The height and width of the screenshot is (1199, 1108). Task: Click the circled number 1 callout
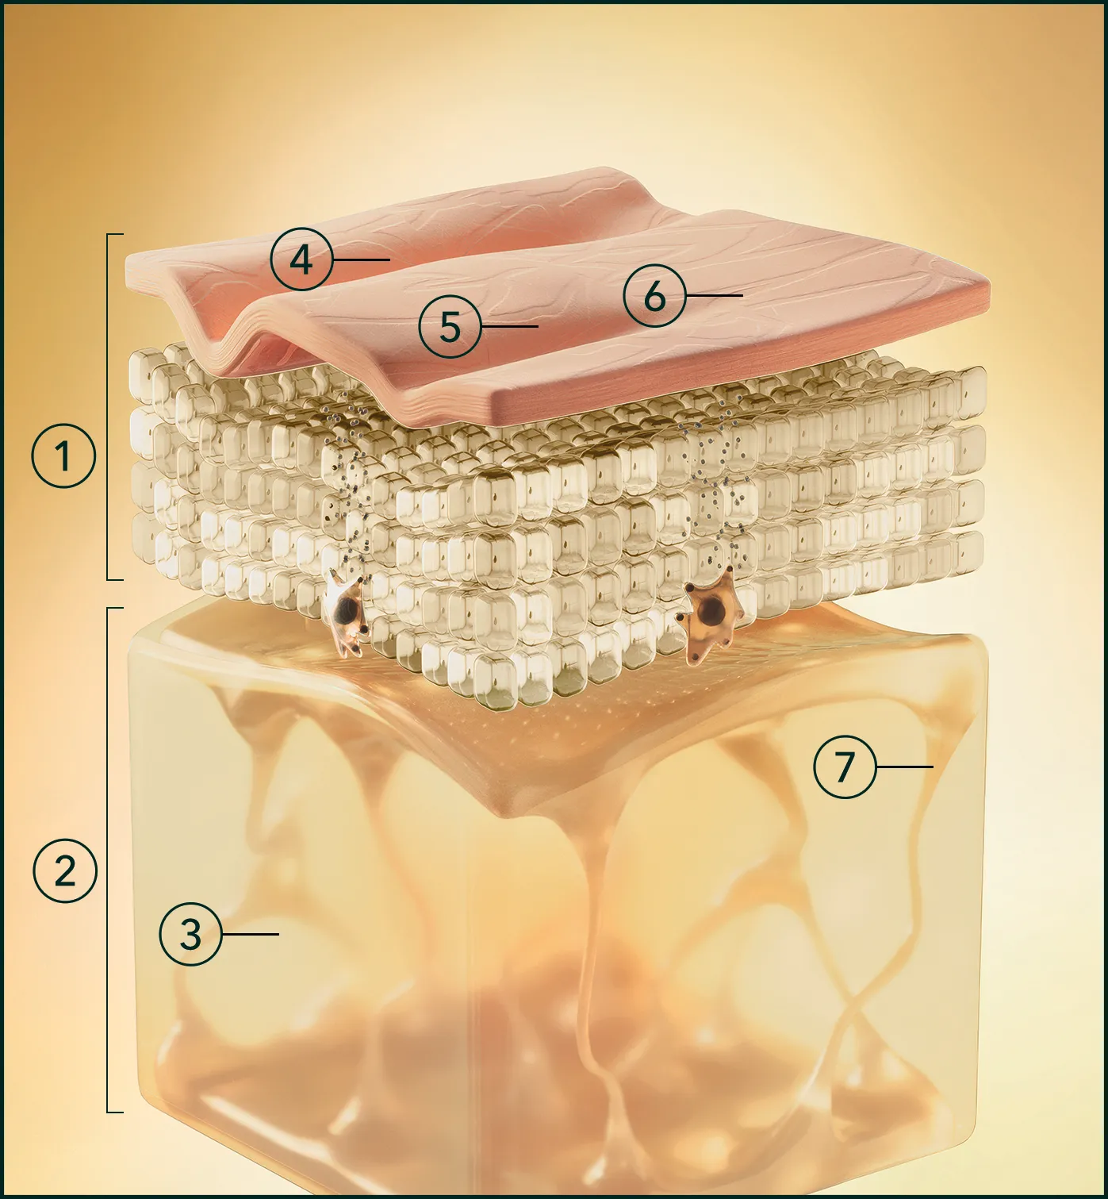click(x=63, y=455)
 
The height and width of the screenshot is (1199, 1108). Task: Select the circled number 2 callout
click(x=64, y=871)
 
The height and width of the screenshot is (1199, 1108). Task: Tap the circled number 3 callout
click(x=190, y=934)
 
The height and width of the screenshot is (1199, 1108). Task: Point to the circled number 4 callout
click(x=301, y=259)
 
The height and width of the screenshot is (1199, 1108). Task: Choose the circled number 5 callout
click(x=450, y=327)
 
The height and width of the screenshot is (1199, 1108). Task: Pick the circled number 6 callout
click(x=655, y=296)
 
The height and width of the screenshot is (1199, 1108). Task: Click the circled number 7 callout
click(x=845, y=767)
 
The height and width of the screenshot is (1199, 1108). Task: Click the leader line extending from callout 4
click(x=362, y=259)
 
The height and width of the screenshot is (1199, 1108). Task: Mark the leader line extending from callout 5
click(x=510, y=327)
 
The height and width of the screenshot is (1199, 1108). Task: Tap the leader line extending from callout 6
click(x=715, y=295)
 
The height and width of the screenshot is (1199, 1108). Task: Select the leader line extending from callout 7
click(x=905, y=767)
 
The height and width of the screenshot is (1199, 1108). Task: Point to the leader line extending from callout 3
click(x=251, y=934)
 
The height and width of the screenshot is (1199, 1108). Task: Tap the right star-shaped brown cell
click(x=708, y=615)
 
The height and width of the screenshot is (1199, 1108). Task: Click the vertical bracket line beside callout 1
click(x=107, y=407)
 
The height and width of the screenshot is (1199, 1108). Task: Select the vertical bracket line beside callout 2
click(x=107, y=859)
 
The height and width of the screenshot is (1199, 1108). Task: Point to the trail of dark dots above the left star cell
click(x=353, y=483)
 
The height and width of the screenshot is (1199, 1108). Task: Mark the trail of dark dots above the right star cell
click(x=718, y=483)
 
